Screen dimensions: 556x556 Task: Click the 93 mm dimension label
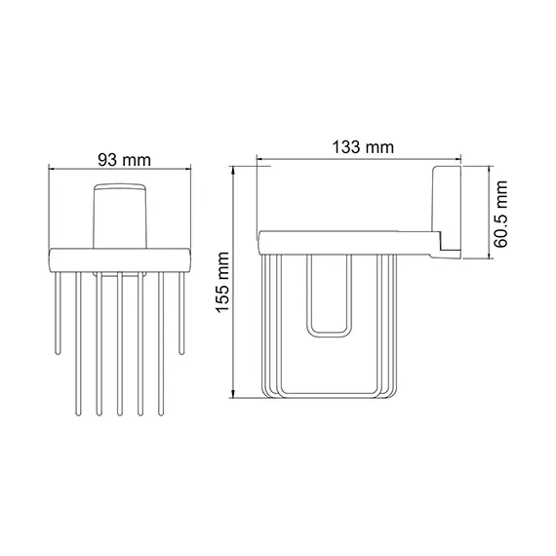point(121,157)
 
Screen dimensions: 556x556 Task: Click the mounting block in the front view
point(121,216)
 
